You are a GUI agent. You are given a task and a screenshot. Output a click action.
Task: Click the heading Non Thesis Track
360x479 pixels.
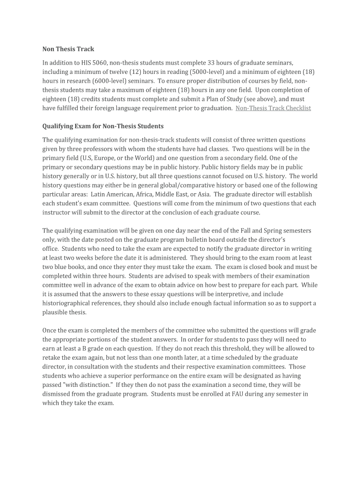coord(68,49)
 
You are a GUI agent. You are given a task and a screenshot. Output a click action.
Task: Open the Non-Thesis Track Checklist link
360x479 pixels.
coord(273,108)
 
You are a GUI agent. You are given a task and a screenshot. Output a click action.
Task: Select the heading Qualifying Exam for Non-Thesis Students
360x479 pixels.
coord(103,126)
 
